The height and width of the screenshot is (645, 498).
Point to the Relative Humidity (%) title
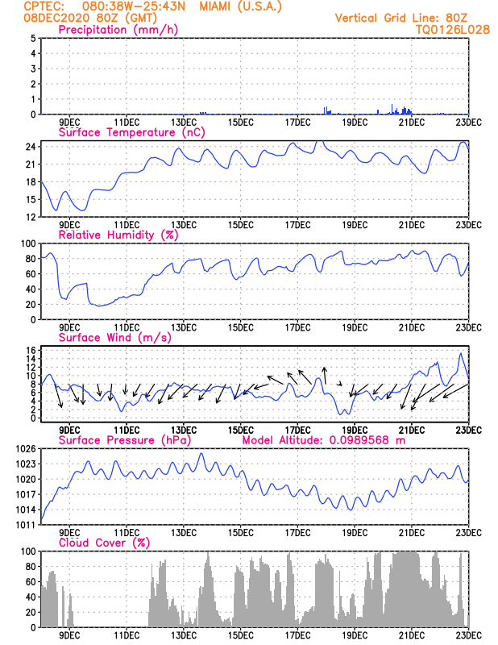click(118, 235)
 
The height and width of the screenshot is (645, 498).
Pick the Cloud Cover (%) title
click(104, 543)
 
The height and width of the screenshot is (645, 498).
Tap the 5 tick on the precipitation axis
click(32, 39)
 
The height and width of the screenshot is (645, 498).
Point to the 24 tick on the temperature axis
click(29, 147)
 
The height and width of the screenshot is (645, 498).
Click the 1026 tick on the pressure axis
click(24, 448)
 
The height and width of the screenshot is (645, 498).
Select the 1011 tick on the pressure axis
click(24, 525)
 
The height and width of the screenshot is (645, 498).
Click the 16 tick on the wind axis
click(29, 350)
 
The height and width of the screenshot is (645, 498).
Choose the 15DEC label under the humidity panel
click(240, 327)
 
